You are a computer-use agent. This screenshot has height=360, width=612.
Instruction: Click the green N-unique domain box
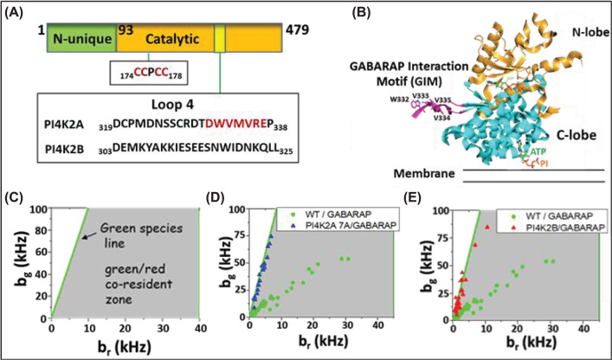point(81,41)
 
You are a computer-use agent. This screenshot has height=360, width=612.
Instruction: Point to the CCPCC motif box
point(147,72)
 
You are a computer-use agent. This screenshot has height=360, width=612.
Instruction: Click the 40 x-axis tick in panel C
point(199,327)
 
